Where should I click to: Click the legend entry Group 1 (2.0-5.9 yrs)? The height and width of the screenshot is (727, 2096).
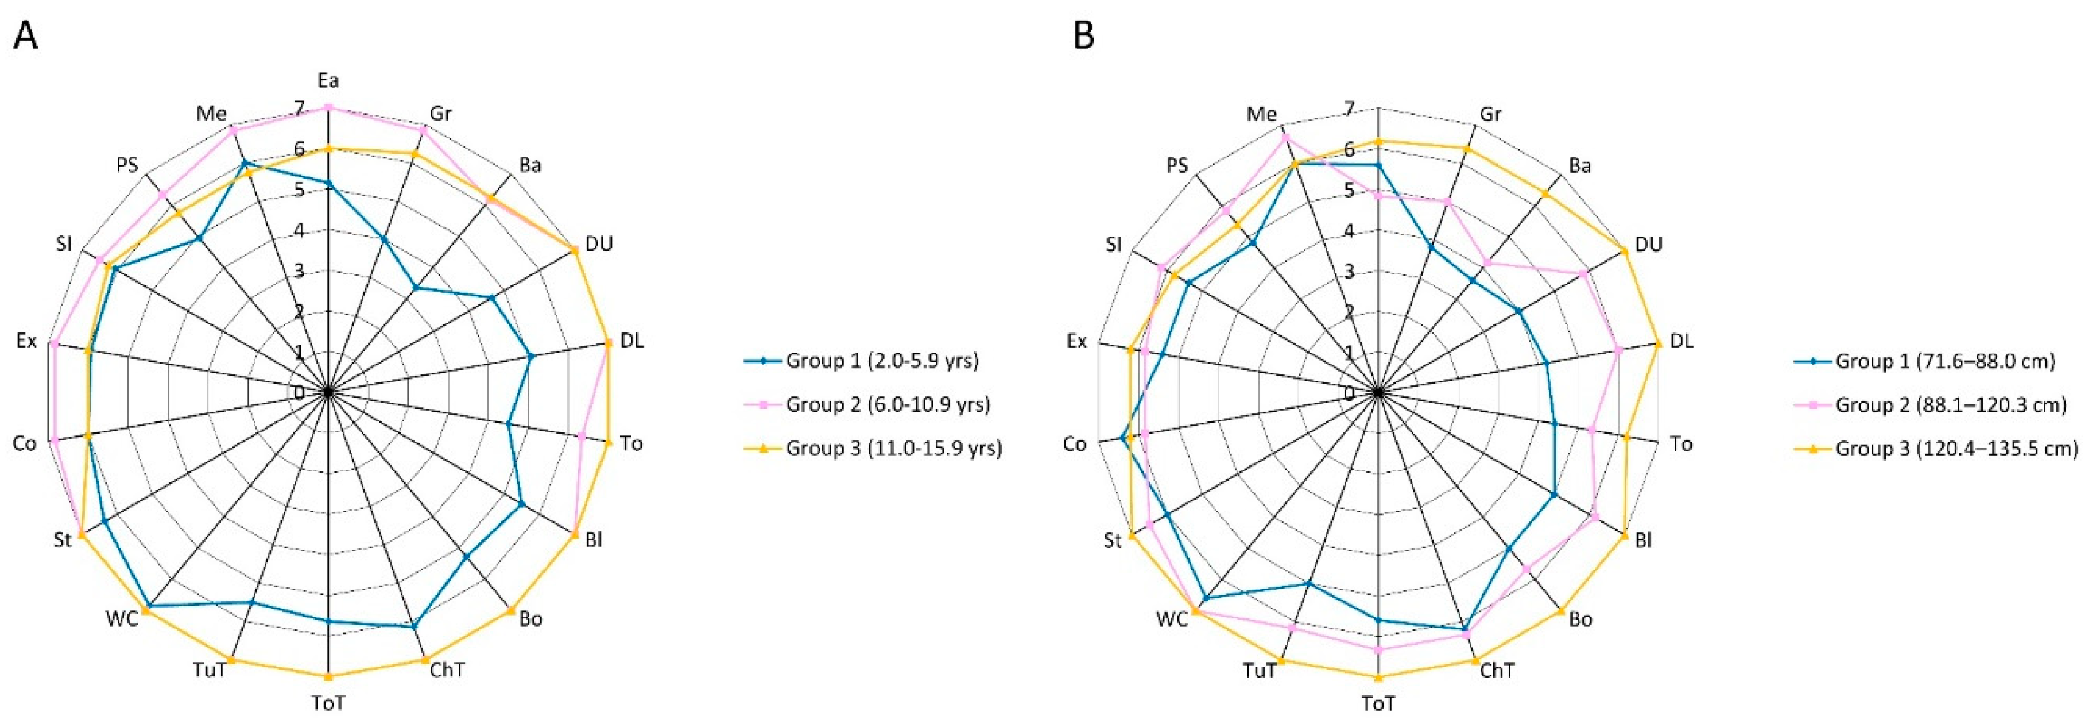[881, 361]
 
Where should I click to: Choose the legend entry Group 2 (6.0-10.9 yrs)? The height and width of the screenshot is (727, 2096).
[887, 405]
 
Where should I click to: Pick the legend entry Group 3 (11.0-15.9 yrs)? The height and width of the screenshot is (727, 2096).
[893, 448]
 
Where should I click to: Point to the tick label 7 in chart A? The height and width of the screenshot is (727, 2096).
[300, 109]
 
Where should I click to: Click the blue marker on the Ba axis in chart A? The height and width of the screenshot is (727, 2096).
[416, 287]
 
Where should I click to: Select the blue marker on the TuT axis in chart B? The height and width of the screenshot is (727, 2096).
[1308, 583]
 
